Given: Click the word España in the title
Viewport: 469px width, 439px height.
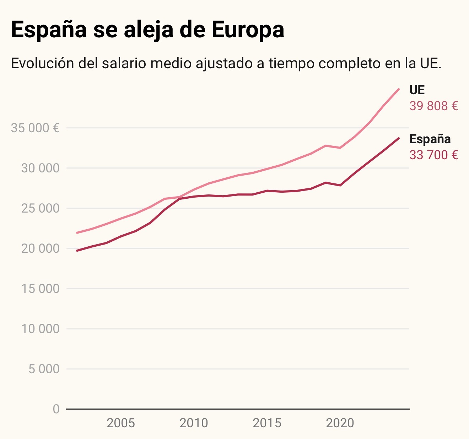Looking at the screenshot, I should [x=49, y=30].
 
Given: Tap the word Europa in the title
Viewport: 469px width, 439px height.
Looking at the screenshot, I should [x=248, y=30].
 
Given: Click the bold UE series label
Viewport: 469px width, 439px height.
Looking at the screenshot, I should [x=417, y=90].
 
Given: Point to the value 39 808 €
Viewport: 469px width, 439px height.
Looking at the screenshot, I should [x=433, y=106].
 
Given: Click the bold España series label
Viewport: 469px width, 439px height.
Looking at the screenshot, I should [x=430, y=139].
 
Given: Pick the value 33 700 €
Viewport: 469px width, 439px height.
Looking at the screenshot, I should [x=433, y=155].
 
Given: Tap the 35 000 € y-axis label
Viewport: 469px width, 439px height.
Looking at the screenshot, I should [x=35, y=128].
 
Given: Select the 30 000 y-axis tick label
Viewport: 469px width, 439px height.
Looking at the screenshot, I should [x=40, y=168].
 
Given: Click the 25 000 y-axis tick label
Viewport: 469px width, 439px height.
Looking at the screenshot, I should [x=40, y=208].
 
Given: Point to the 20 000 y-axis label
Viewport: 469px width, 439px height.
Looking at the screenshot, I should [x=40, y=248].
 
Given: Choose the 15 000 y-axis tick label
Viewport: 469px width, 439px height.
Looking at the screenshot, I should [x=40, y=289].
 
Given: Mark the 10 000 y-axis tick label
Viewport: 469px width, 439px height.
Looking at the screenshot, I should [x=40, y=329].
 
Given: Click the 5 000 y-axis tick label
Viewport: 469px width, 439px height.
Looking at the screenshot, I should [x=44, y=369].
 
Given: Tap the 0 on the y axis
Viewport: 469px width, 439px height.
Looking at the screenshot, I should [x=56, y=409].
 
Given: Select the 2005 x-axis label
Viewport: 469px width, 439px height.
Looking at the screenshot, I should [x=121, y=423].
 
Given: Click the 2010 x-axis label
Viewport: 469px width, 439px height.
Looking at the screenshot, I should [x=194, y=423].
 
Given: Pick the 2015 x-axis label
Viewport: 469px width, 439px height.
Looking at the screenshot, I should [x=267, y=423].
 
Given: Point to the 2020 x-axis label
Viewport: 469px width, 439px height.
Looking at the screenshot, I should [x=340, y=423].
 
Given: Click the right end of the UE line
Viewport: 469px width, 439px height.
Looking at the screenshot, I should [x=399, y=89].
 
